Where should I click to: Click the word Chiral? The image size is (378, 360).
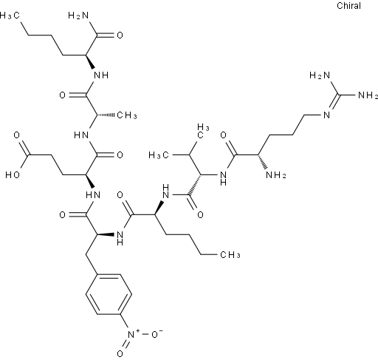[x=348, y=6]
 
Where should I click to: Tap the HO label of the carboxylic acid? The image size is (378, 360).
[x=13, y=175]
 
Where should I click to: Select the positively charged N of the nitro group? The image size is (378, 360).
[x=131, y=334]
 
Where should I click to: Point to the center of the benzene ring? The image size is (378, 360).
[x=109, y=294]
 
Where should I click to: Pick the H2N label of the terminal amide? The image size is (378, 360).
[x=78, y=16]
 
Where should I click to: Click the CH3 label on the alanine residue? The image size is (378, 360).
[x=127, y=115]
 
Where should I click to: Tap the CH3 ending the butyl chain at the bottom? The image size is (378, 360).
[x=230, y=254]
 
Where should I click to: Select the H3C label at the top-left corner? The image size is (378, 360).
[x=10, y=16]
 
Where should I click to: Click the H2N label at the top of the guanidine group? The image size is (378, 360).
[x=320, y=75]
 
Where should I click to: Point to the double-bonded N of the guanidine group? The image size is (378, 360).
[x=327, y=115]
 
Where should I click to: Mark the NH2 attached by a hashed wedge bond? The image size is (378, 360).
[x=276, y=175]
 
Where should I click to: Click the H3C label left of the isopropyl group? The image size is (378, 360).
[x=159, y=155]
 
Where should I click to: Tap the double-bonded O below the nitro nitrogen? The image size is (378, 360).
[x=120, y=354]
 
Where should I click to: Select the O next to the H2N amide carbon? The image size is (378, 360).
[x=120, y=35]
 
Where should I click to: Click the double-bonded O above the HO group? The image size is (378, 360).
[x=16, y=135]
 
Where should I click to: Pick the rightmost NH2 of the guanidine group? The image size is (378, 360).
[x=368, y=95]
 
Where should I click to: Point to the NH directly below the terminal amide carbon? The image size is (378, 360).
[x=101, y=75]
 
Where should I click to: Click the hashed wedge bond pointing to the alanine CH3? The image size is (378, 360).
[x=106, y=115]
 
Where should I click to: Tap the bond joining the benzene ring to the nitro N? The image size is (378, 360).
[x=124, y=322]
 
